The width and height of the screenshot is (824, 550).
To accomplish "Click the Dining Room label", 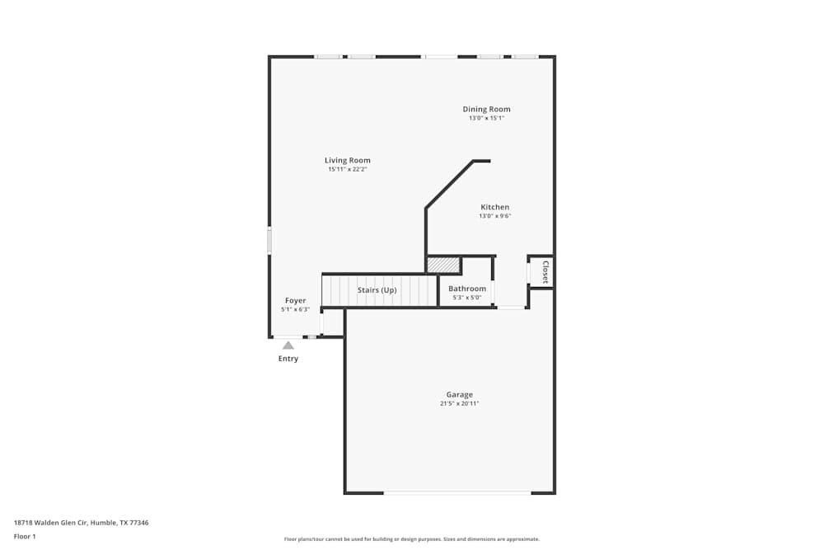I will [486, 109].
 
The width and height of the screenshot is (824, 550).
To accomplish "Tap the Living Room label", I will [347, 160].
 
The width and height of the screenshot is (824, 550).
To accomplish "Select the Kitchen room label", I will [494, 207].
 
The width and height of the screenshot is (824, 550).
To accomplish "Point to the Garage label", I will [459, 394].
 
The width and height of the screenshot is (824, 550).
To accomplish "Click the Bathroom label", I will [466, 289].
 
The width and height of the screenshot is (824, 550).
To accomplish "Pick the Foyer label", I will [295, 300].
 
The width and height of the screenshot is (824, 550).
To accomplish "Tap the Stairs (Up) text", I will [377, 290].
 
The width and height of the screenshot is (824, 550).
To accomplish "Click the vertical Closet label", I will [545, 272].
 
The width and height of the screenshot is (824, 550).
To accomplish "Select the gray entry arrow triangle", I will [288, 346].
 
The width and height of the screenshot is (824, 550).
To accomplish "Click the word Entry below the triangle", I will [288, 359].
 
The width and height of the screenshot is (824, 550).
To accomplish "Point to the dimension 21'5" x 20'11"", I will [459, 404].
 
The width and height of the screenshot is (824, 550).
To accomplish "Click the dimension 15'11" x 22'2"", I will [347, 170].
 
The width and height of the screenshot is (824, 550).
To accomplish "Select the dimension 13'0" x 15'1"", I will [486, 119].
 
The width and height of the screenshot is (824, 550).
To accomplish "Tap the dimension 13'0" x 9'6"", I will [494, 217].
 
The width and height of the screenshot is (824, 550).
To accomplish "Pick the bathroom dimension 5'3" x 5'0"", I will [466, 298].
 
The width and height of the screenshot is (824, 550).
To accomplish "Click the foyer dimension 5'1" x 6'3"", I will [295, 310].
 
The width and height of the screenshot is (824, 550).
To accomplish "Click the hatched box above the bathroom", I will [442, 265].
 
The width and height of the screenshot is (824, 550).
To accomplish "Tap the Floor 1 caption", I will [26, 536].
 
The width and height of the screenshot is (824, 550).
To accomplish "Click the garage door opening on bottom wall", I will [457, 493].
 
